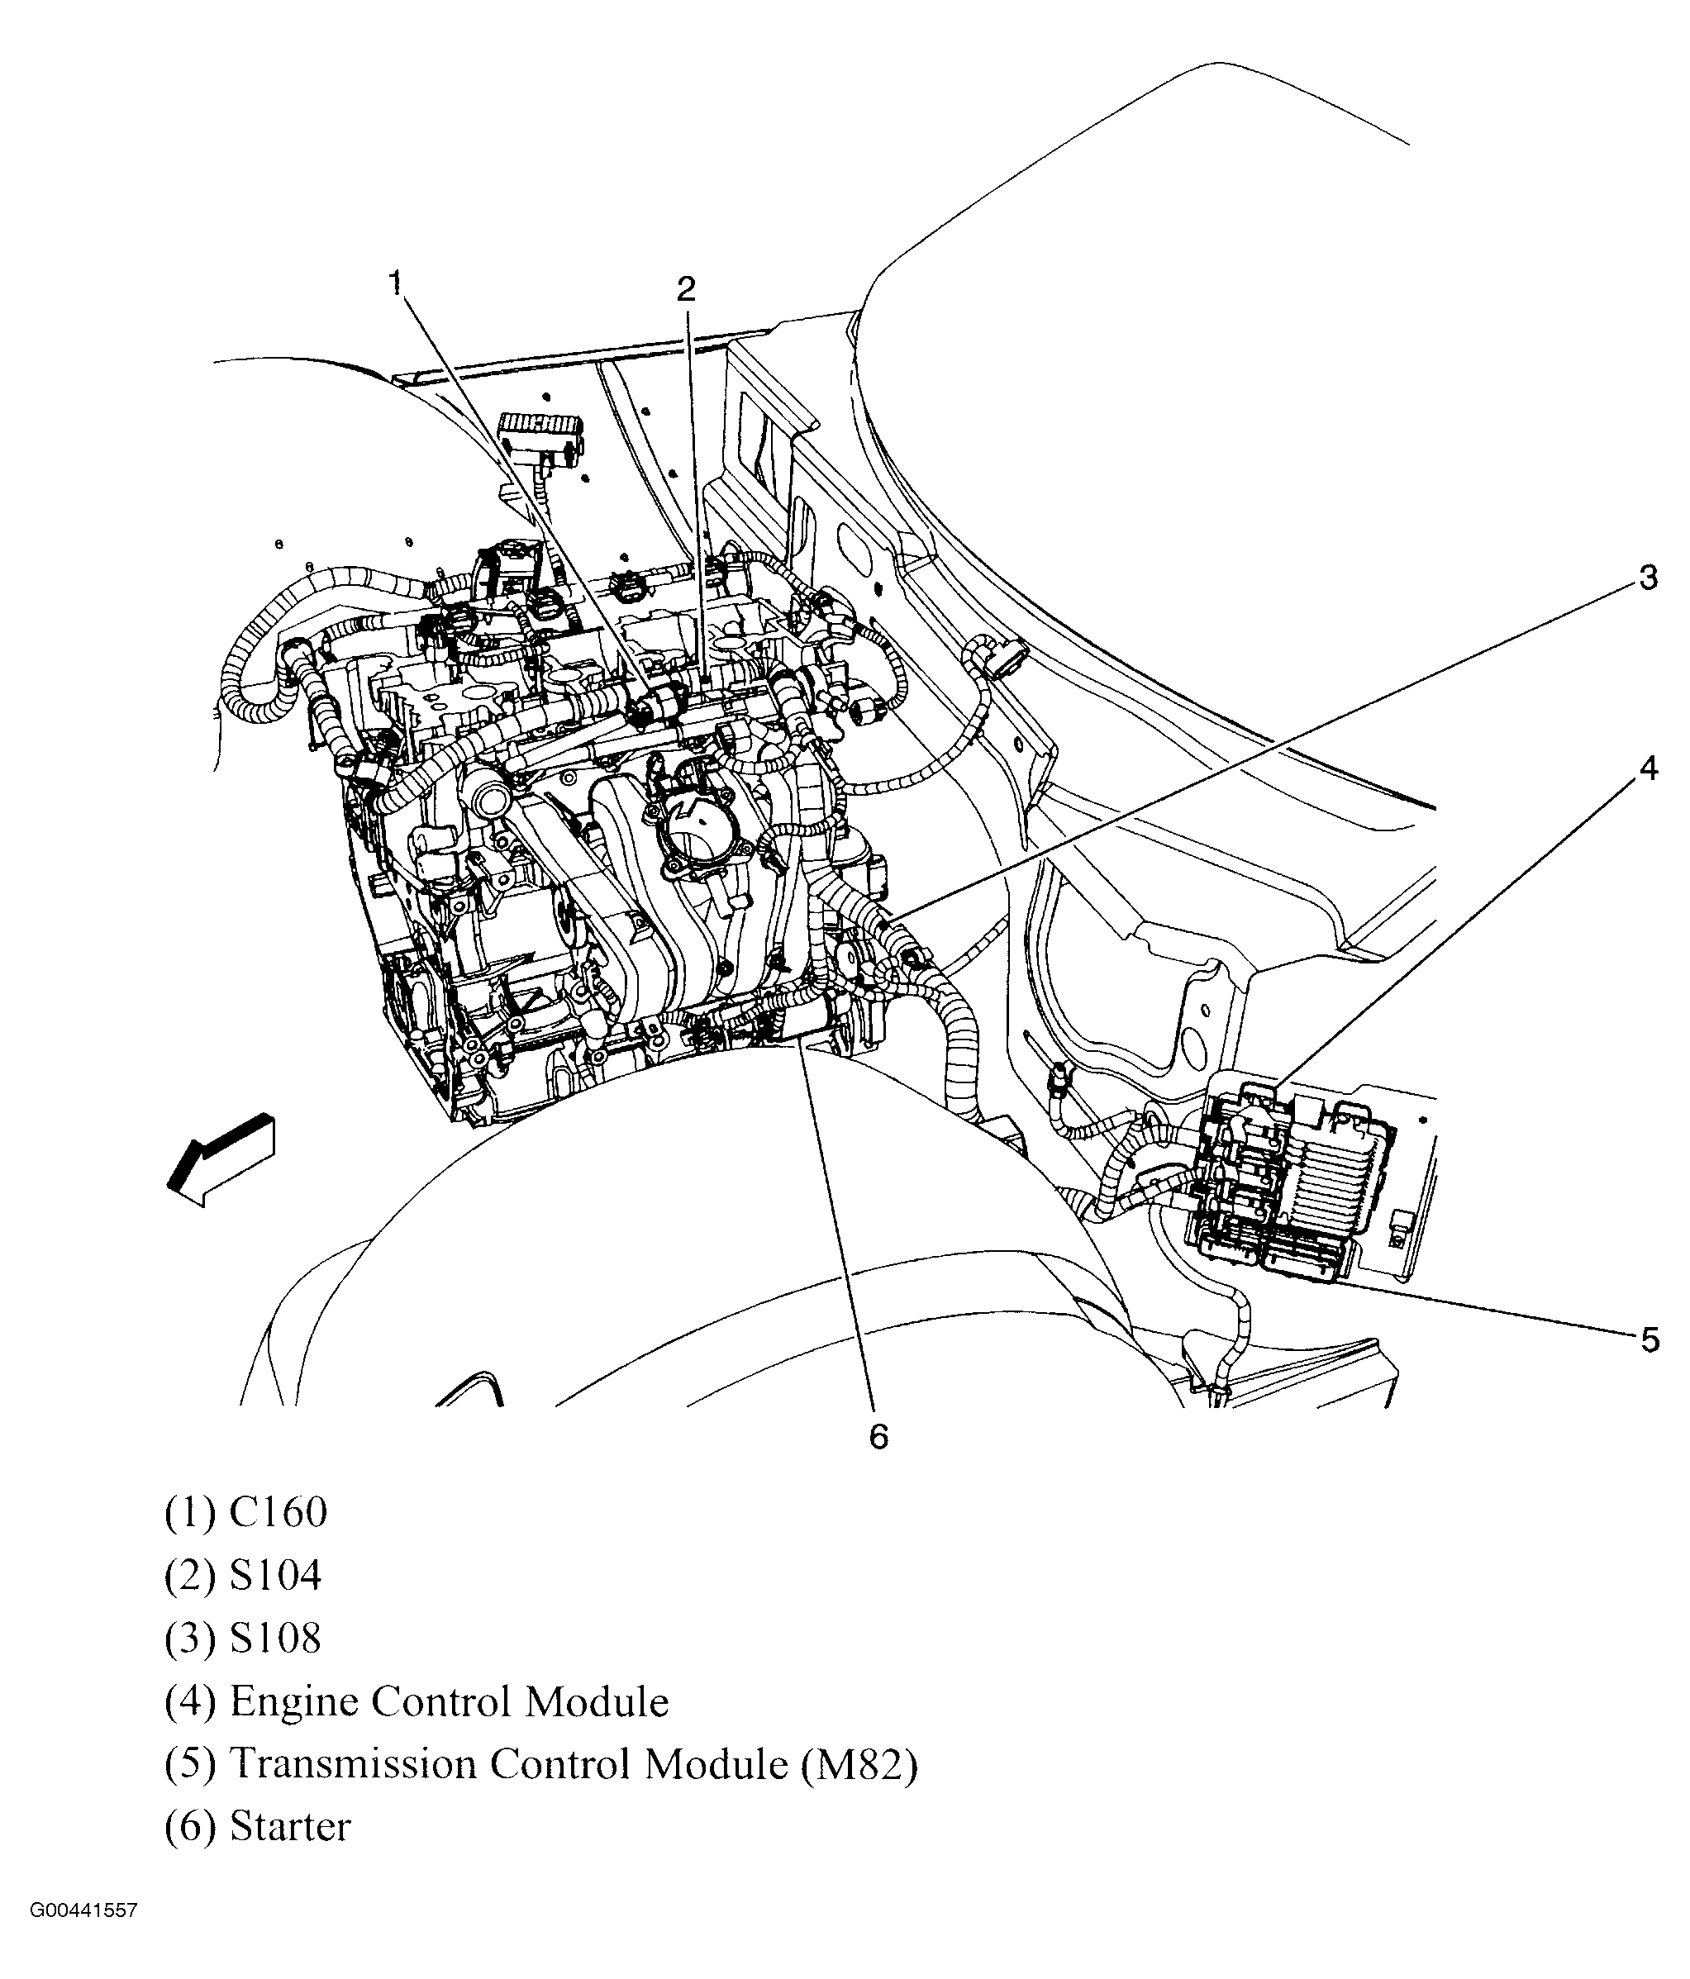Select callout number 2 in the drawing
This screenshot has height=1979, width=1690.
pos(686,288)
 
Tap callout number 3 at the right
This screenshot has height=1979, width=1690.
pos(1648,578)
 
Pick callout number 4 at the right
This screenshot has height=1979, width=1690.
pos(1648,768)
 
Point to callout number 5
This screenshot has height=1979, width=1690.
pos(1650,1341)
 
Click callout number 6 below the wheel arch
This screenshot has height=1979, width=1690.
pos(878,1436)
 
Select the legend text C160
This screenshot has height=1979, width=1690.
pos(278,1513)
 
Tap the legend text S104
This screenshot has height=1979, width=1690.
pos(275,1576)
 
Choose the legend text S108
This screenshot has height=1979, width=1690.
pos(275,1639)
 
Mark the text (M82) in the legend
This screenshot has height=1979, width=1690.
pos(857,1765)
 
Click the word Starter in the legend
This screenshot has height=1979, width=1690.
pos(290,1827)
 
